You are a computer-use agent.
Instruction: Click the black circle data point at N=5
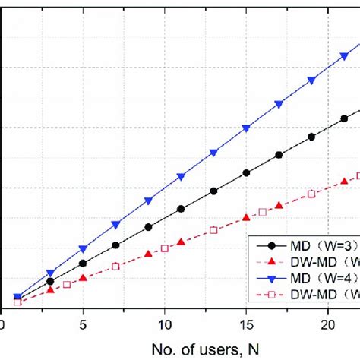tap(83, 264)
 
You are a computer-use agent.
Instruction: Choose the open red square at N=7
tap(115, 266)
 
